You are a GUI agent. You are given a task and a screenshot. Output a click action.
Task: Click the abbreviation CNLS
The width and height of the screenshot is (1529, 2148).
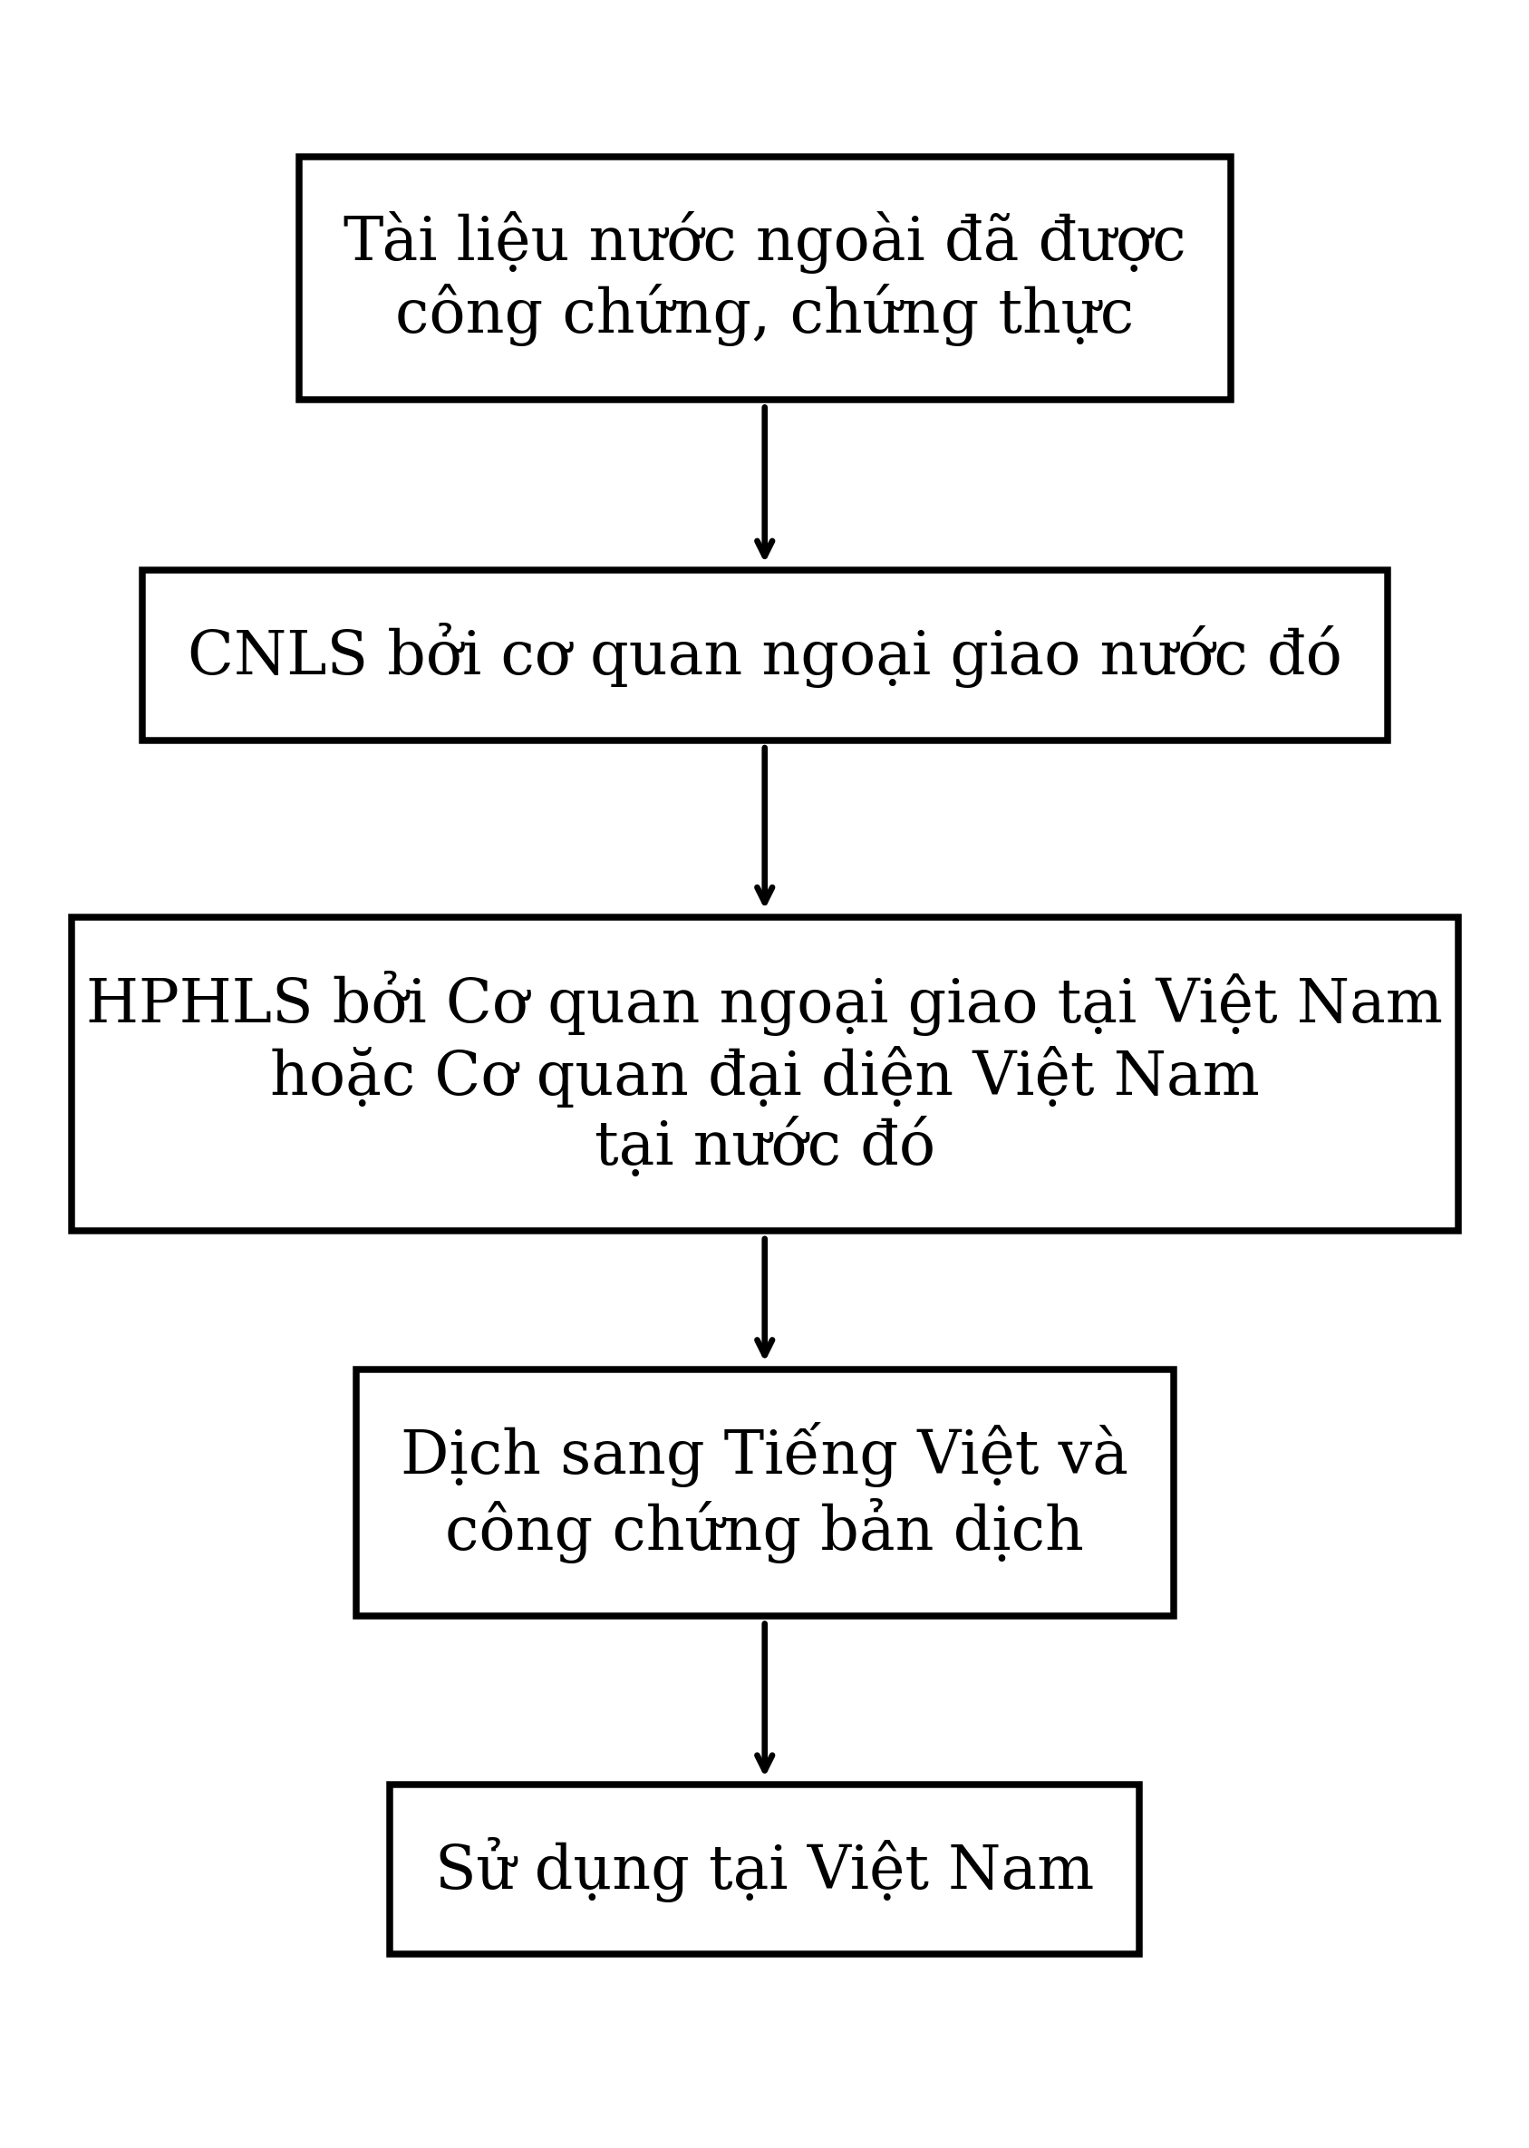click(x=276, y=654)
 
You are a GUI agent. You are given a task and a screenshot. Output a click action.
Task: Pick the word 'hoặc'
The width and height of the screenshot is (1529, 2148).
click(x=343, y=1078)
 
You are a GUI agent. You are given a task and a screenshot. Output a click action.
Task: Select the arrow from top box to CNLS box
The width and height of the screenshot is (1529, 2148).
click(x=765, y=482)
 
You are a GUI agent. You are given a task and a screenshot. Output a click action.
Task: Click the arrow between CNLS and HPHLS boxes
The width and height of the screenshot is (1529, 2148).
click(x=765, y=826)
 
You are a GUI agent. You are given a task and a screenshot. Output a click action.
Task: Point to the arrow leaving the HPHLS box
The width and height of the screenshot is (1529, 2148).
click(x=765, y=1298)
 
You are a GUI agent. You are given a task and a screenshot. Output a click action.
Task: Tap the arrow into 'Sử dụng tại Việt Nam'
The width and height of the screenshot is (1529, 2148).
click(x=765, y=1699)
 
